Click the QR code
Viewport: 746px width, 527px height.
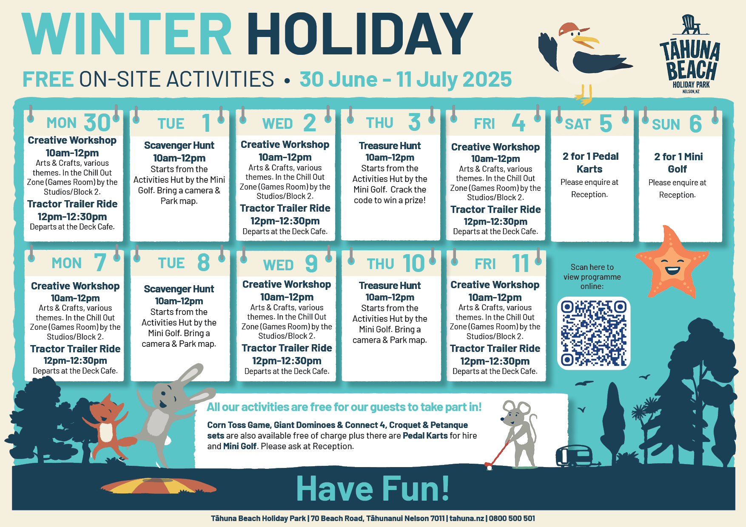pyautogui.click(x=594, y=333)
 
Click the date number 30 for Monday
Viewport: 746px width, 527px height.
pyautogui.click(x=97, y=123)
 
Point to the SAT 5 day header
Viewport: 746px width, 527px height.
pyautogui.click(x=588, y=124)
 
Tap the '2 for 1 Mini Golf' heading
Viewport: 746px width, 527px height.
pyautogui.click(x=678, y=163)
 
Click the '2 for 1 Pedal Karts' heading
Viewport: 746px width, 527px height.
pyautogui.click(x=590, y=163)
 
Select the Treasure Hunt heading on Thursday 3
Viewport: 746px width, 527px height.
pyautogui.click(x=390, y=146)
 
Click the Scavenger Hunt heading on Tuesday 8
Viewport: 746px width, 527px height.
pyautogui.click(x=179, y=289)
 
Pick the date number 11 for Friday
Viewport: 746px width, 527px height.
pyautogui.click(x=521, y=263)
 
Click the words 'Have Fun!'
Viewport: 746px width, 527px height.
pyautogui.click(x=373, y=489)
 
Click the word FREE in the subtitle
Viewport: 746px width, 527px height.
pyautogui.click(x=48, y=79)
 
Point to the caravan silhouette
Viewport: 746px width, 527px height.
pyautogui.click(x=574, y=456)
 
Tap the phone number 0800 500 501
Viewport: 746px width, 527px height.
pyautogui.click(x=512, y=518)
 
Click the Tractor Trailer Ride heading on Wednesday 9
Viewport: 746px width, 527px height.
pyautogui.click(x=287, y=348)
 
